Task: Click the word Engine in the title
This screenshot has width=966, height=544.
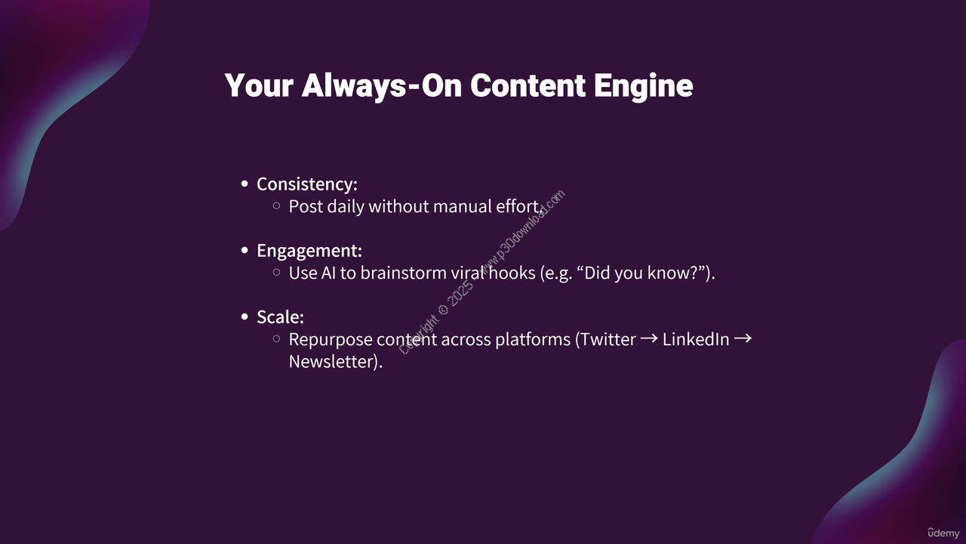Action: click(643, 86)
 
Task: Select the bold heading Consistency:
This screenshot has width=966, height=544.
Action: click(307, 184)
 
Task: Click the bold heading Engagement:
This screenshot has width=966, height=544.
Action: click(309, 251)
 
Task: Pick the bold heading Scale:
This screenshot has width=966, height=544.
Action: click(280, 317)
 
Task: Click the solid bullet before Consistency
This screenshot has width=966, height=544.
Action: click(245, 184)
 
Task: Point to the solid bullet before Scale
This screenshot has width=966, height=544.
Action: click(245, 317)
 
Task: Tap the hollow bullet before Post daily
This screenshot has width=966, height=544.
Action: click(276, 206)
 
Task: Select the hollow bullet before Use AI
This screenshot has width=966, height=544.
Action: click(276, 273)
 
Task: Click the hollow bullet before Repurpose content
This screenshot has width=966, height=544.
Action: click(276, 339)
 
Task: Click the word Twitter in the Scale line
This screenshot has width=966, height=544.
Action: click(608, 339)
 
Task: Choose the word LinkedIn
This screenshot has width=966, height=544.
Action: click(696, 339)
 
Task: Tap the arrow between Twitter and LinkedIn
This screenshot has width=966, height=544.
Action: click(649, 338)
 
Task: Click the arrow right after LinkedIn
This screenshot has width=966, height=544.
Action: click(743, 338)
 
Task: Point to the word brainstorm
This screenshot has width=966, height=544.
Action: click(403, 273)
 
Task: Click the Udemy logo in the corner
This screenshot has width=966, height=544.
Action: click(943, 533)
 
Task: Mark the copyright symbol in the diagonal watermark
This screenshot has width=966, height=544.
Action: click(443, 310)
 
